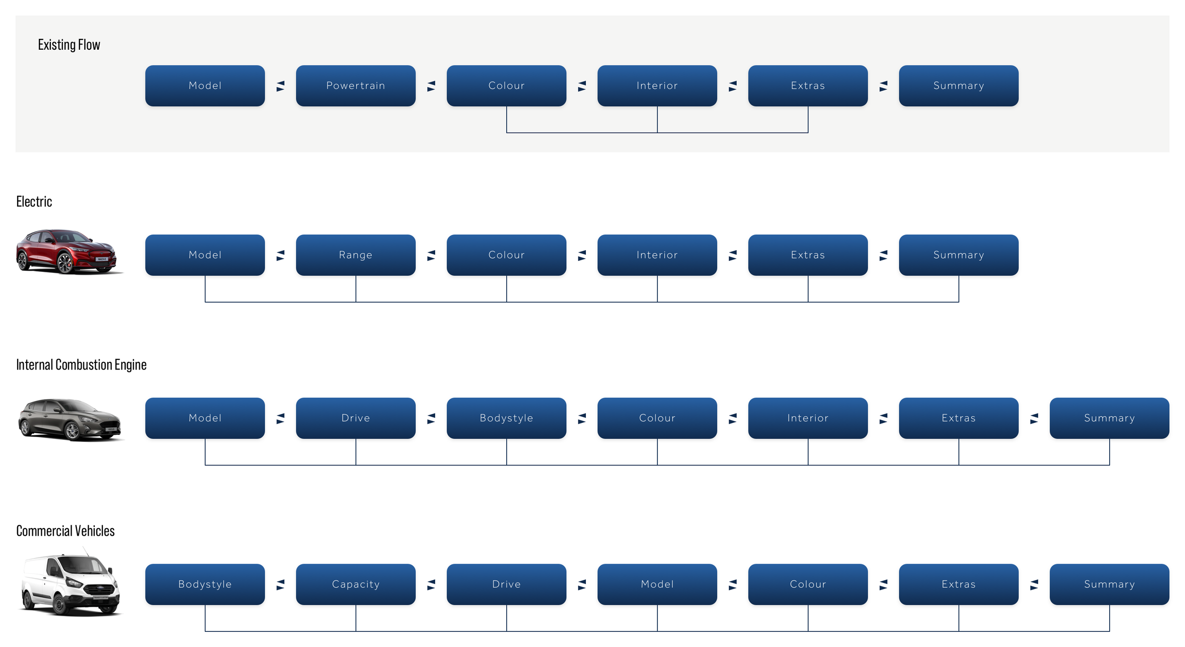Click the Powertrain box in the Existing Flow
[355, 86]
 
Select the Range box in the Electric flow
[355, 255]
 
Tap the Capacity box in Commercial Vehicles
[355, 584]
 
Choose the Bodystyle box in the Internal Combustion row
[506, 418]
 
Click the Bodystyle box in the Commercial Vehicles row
[205, 584]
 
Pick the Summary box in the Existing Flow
[958, 86]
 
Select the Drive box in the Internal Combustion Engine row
[355, 418]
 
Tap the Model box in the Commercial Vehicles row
[657, 584]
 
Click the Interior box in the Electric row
[657, 255]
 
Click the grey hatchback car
[70, 419]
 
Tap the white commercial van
[70, 584]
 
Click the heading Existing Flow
[69, 45]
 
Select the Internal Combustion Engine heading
[81, 365]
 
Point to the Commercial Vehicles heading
[65, 531]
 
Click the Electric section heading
[34, 202]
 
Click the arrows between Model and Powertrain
[281, 86]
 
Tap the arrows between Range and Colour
[431, 255]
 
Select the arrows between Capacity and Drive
[431, 584]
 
